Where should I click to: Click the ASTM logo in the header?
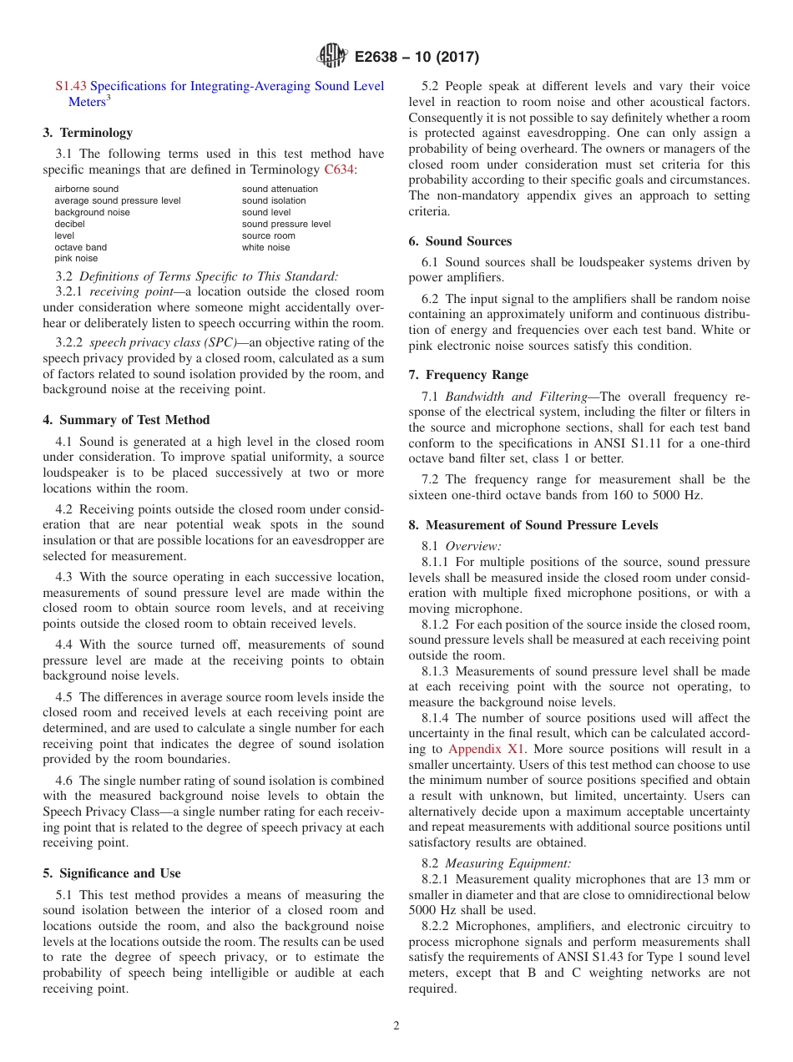click(333, 56)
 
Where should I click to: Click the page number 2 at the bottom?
click(396, 1026)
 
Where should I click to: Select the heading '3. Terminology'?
click(88, 133)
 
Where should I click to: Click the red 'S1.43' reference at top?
click(71, 86)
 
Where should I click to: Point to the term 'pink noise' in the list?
click(76, 259)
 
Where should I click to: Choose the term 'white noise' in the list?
click(266, 247)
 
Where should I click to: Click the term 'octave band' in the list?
click(81, 247)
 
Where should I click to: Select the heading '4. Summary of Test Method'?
click(126, 420)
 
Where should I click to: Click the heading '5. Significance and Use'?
click(112, 873)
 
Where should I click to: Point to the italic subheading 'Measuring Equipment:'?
click(508, 864)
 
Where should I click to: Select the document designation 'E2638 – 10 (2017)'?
click(417, 57)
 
